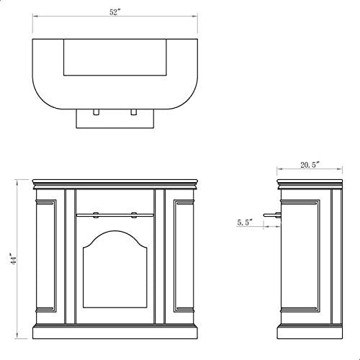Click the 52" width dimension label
[x=114, y=12]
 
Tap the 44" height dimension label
[x=14, y=258]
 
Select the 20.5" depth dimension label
[x=310, y=165]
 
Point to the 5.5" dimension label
[x=245, y=222]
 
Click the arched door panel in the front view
[x=114, y=269]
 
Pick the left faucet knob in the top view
[x=96, y=112]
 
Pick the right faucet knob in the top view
[x=134, y=112]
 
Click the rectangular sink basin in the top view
[x=115, y=57]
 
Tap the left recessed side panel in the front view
[x=46, y=256]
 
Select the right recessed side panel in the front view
[x=184, y=256]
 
